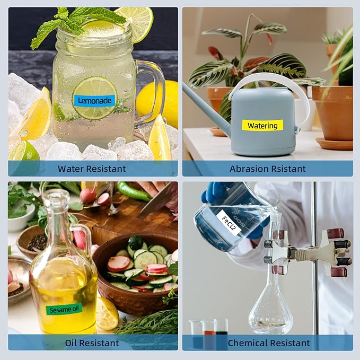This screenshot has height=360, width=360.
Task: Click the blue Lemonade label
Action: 94,101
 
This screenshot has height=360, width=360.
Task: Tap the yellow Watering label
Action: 262,125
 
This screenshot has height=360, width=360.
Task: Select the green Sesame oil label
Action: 64,309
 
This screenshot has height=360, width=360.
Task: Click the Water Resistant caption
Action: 92,169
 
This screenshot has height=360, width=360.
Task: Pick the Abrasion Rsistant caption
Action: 267,169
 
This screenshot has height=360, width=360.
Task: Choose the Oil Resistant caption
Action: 92,343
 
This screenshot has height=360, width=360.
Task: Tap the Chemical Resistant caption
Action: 269,343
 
